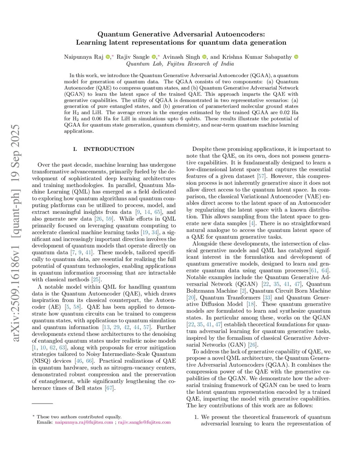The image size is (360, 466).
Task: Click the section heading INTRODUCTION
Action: [x=109, y=149]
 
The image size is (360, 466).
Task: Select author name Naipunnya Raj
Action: [x=83, y=57]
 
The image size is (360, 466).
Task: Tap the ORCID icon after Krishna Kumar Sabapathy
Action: [x=296, y=57]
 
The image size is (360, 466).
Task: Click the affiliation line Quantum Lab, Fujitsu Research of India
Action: [x=180, y=64]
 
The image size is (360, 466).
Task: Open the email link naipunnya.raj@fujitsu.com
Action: [x=84, y=422]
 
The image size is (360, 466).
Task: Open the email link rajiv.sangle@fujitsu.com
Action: [x=144, y=422]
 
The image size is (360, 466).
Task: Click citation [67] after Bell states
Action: [x=110, y=388]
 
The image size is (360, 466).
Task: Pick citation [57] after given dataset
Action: [x=261, y=176]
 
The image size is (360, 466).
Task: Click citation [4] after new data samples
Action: [x=252, y=223]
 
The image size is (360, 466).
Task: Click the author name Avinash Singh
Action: [x=181, y=57]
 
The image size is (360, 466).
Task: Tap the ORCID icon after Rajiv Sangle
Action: [x=154, y=57]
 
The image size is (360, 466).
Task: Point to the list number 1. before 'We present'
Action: [x=197, y=417]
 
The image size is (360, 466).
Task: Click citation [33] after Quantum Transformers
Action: [x=268, y=298]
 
